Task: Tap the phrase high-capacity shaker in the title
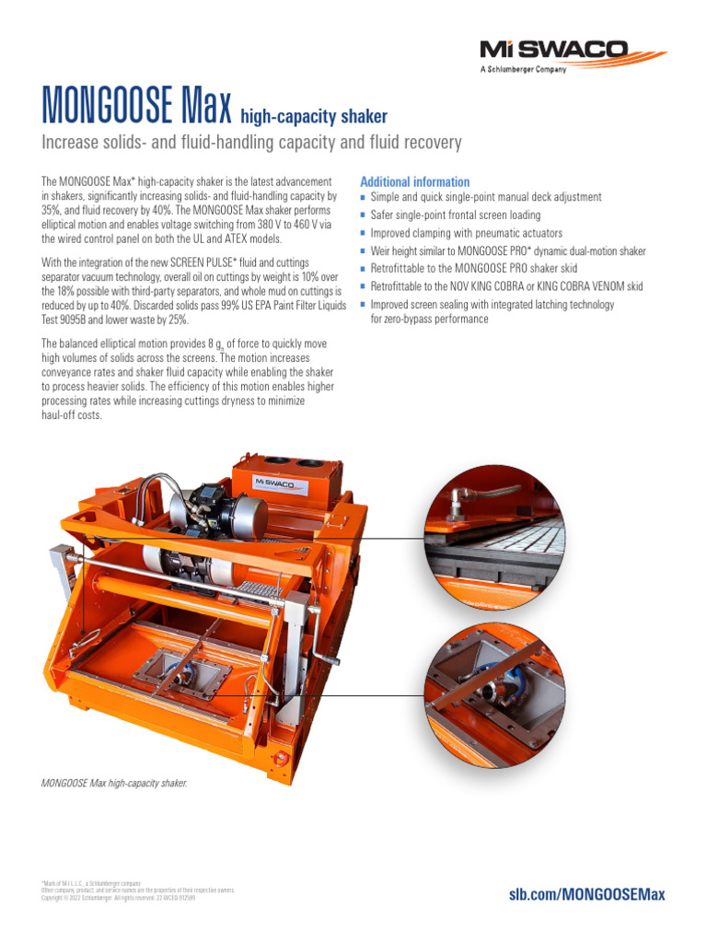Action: pos(313,116)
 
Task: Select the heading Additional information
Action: pos(414,181)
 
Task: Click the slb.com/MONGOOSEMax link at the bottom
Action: pos(586,894)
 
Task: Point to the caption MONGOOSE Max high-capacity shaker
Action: pos(114,784)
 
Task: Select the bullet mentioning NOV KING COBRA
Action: pos(506,285)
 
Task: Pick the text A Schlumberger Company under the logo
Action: pos(524,69)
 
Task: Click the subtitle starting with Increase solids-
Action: pos(251,143)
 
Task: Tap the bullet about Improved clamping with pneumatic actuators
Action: pos(466,233)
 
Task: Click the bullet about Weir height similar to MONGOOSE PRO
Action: pos(508,250)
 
